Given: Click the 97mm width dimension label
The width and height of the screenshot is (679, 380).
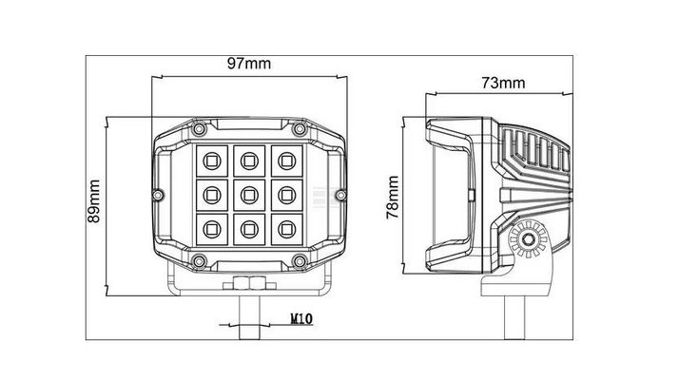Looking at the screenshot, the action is click(249, 64).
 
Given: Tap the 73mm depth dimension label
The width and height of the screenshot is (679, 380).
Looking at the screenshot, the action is click(503, 83).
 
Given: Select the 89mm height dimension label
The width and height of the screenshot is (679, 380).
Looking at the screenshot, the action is click(94, 201).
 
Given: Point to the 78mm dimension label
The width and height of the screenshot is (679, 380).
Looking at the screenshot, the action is click(393, 198).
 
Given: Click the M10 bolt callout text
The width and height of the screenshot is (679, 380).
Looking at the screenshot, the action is click(301, 319).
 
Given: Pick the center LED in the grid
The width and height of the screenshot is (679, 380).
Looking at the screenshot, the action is click(249, 195).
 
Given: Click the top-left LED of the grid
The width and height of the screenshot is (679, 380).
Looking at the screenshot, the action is click(212, 161).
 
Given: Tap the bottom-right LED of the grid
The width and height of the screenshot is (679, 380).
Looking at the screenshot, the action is click(286, 229).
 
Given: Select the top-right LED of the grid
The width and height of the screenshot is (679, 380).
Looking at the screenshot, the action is click(286, 161).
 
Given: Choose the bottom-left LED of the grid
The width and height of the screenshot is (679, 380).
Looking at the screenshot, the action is click(212, 229).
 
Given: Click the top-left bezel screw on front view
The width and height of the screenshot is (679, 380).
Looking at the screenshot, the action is click(199, 128).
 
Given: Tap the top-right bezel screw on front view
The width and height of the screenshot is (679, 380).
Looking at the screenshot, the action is click(300, 128).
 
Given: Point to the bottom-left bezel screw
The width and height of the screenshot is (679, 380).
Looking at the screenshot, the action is click(199, 261).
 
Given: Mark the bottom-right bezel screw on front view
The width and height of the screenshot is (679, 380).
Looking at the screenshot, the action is click(300, 261).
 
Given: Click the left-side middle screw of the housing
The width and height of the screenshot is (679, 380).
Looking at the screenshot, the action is click(158, 195).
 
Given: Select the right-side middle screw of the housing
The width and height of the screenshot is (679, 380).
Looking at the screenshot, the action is click(340, 195).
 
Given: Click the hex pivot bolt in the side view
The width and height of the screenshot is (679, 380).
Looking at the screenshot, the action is click(528, 239).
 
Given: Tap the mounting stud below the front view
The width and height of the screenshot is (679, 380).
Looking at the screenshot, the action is click(249, 317).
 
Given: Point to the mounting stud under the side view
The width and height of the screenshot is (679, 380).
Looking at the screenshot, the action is click(514, 317).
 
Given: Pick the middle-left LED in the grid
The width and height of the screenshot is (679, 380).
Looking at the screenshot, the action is click(212, 195).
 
